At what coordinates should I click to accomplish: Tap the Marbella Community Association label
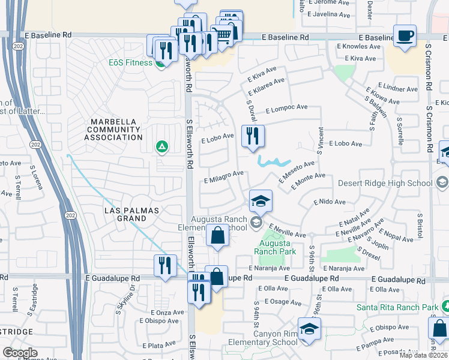tap(113, 130)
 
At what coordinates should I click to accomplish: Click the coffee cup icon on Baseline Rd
tap(405, 35)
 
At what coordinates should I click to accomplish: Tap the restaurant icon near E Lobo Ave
tap(253, 136)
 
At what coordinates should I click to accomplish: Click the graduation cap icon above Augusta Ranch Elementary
tap(261, 201)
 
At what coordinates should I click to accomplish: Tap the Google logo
tap(20, 353)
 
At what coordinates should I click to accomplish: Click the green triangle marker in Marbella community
tap(161, 146)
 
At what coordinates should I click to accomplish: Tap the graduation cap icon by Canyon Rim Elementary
tap(309, 329)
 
